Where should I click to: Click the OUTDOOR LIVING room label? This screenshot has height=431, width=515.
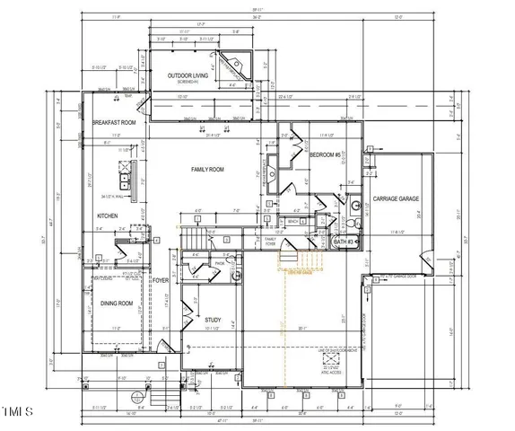[189, 76]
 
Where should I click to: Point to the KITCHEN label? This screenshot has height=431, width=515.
[109, 215]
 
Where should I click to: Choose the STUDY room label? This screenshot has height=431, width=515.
[213, 320]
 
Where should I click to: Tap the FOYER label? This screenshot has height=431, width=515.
[161, 281]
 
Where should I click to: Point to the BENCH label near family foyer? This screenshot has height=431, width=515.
[292, 220]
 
